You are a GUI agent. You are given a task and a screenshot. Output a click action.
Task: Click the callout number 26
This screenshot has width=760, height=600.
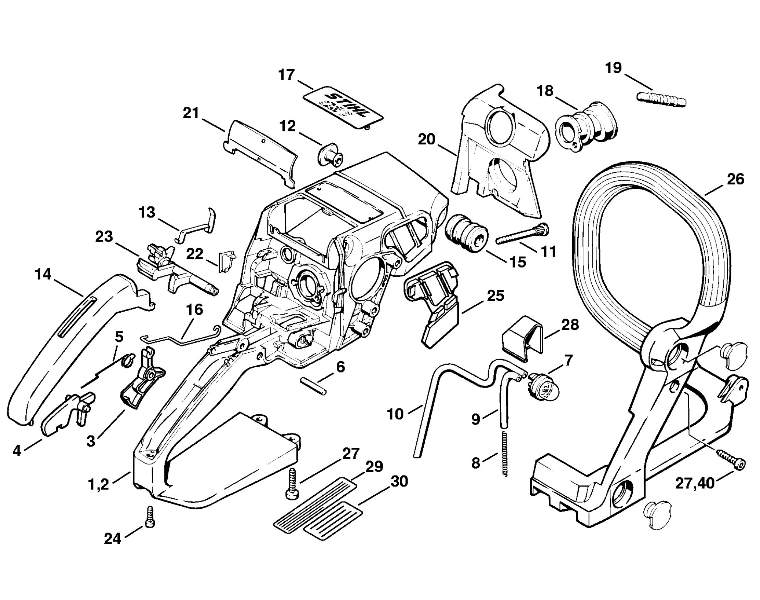[x=735, y=179]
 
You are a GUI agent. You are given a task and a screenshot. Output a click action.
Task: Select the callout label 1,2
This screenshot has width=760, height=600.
[x=99, y=485]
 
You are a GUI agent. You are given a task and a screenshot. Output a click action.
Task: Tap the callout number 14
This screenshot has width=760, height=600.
[x=43, y=274]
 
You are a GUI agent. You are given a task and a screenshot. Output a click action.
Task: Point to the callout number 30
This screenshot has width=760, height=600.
[x=399, y=481]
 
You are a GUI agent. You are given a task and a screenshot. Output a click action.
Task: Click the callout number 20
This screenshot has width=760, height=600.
[x=427, y=140]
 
